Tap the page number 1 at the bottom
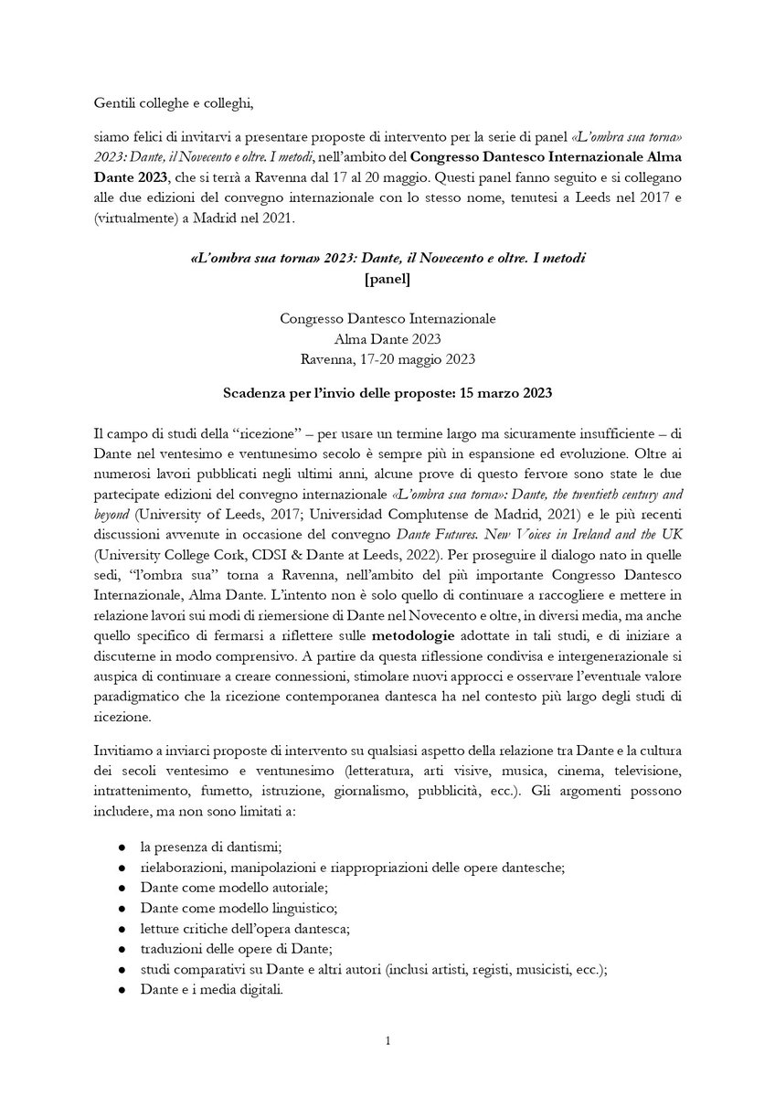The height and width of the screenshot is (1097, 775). click(387, 1039)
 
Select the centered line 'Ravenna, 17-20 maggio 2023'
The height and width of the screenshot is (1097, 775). click(387, 357)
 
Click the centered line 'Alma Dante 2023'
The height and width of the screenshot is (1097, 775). click(387, 337)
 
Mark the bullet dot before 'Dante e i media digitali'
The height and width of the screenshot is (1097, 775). click(122, 988)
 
